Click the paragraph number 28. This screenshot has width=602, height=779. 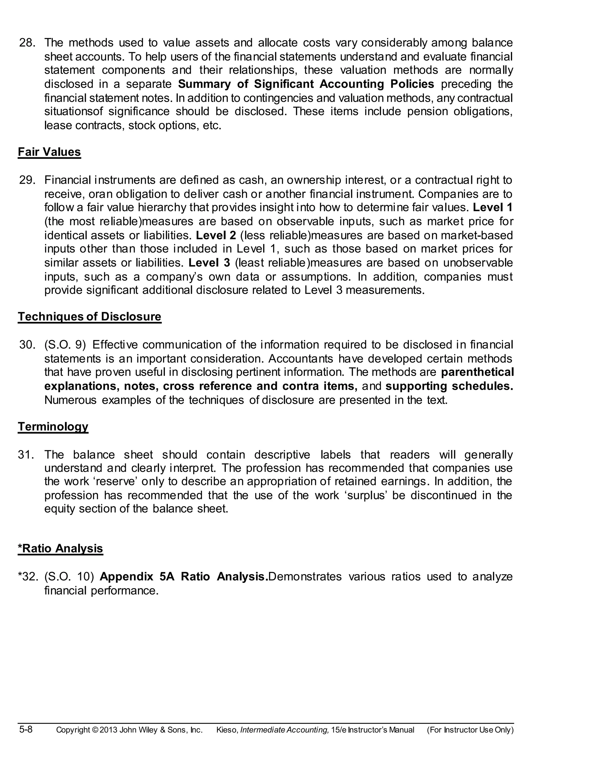(x=27, y=43)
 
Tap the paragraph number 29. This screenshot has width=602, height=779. (x=27, y=180)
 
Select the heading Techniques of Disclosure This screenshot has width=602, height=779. (x=90, y=317)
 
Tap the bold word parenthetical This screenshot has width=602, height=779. (x=477, y=372)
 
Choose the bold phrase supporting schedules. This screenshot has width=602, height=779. (x=449, y=386)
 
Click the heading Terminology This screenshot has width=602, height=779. (x=53, y=427)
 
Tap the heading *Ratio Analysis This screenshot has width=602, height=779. (x=60, y=548)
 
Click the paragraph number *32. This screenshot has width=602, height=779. (x=28, y=576)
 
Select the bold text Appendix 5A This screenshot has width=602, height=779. (x=137, y=576)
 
